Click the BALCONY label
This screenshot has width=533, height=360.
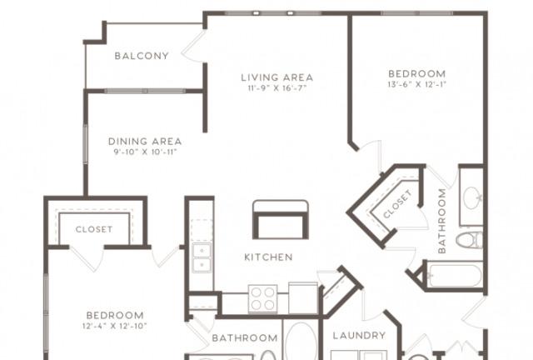point(142,56)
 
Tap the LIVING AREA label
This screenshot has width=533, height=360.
point(277,77)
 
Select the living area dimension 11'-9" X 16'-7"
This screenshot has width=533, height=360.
point(277,88)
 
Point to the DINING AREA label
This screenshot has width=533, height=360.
point(145,141)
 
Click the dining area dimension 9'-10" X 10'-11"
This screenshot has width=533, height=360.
point(145,152)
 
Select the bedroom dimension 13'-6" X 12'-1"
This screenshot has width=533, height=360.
point(416,84)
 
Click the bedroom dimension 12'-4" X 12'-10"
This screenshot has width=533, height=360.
point(115,326)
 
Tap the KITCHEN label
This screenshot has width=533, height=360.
point(268,257)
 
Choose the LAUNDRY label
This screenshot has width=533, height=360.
point(359,336)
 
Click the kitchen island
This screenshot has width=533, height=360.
point(281,219)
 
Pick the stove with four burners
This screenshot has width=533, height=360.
point(263,299)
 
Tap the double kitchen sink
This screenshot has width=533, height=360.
point(202,257)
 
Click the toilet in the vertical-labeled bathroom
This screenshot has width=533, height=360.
point(470,240)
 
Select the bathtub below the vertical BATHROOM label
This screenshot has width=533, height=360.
point(455,276)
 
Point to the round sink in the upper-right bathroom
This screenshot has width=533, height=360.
point(472,197)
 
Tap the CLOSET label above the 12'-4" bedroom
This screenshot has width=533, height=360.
point(94,230)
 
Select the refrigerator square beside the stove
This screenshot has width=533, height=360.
point(303,297)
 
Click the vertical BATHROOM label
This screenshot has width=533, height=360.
point(442,221)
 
